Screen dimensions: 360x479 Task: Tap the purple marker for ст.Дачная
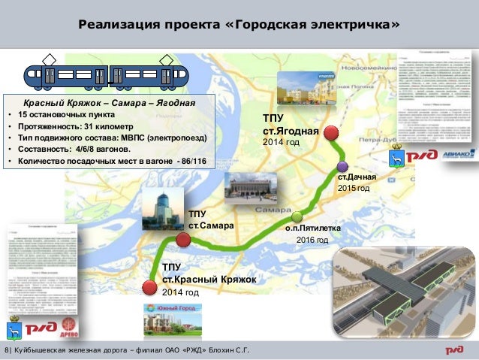click(x=342, y=166)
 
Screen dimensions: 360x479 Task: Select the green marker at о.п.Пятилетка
click(x=297, y=216)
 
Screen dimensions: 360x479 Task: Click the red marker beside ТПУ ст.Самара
click(x=183, y=240)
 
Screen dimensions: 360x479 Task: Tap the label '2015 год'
click(x=353, y=188)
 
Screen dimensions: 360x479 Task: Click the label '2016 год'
click(x=312, y=240)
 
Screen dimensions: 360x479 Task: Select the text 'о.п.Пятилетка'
click(x=314, y=226)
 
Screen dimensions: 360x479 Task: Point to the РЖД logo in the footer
click(x=457, y=351)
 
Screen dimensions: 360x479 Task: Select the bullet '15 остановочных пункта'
click(x=68, y=115)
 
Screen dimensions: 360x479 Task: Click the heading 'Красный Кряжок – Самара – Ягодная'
click(x=109, y=102)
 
